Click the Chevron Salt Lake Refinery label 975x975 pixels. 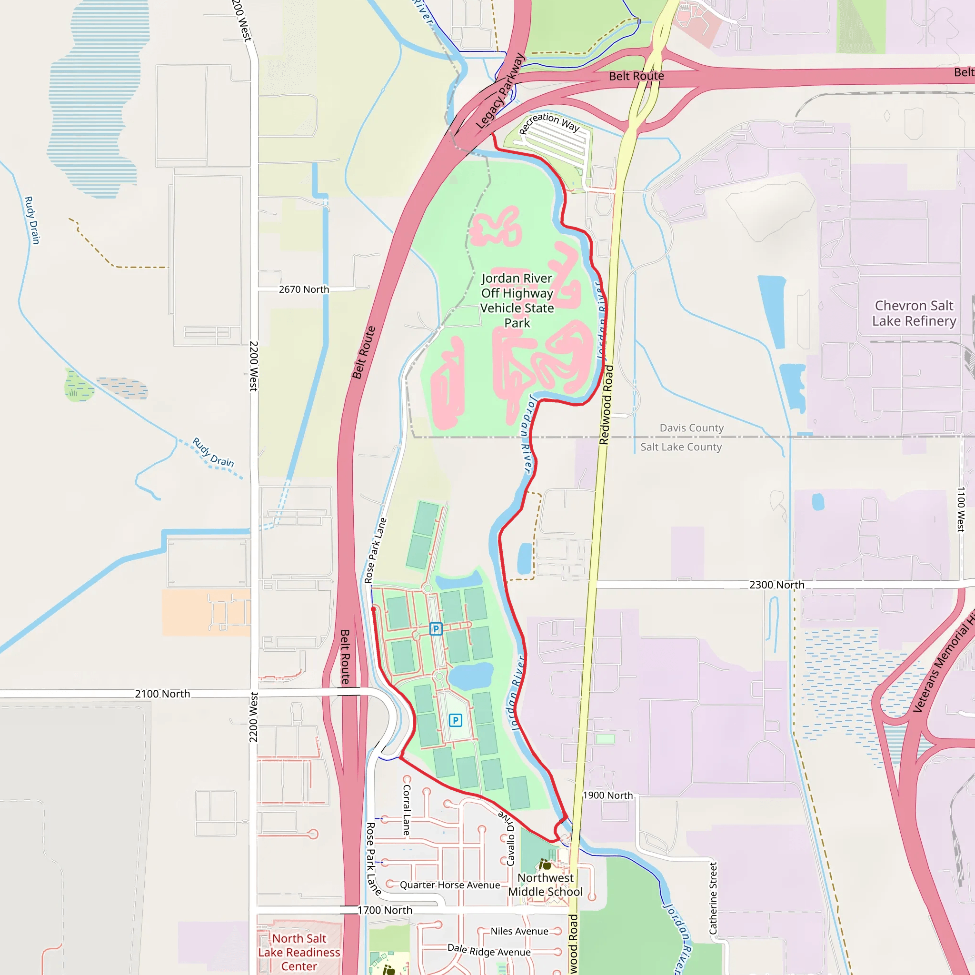[x=914, y=313]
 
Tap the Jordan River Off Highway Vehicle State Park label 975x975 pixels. [x=517, y=301]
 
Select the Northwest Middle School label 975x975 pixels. [x=545, y=885]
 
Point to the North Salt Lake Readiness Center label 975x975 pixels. [x=299, y=952]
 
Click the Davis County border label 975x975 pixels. [x=691, y=428]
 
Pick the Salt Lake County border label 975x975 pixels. [x=681, y=447]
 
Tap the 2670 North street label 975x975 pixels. [x=304, y=289]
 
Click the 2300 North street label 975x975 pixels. [x=776, y=585]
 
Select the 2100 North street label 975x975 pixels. [x=162, y=694]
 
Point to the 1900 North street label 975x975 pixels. [x=607, y=796]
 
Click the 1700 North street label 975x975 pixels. [x=385, y=910]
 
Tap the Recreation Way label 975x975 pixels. [x=549, y=122]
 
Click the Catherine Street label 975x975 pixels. [x=713, y=898]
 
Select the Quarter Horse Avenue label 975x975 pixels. [x=449, y=885]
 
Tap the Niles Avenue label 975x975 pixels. [x=519, y=931]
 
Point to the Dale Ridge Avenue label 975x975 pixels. [x=489, y=951]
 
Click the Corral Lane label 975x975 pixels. [x=407, y=810]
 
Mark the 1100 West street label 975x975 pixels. [x=961, y=509]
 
